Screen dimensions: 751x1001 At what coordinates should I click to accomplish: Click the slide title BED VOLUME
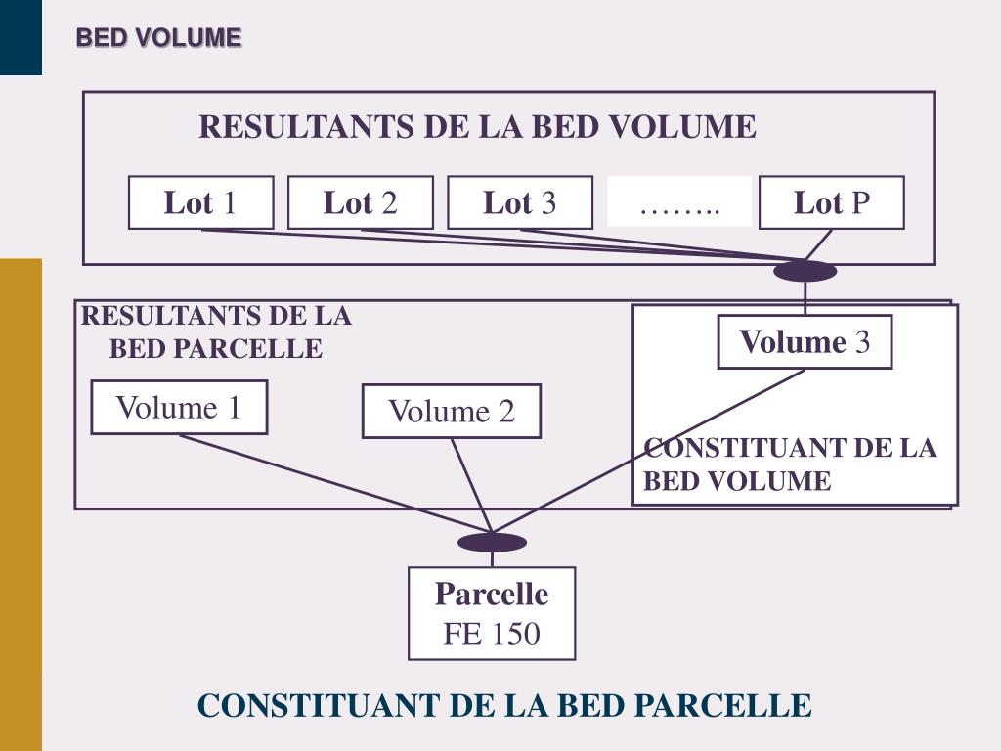(x=158, y=38)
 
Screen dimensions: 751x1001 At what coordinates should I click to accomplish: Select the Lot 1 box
(x=200, y=203)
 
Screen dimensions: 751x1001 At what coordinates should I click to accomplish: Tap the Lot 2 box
(x=361, y=203)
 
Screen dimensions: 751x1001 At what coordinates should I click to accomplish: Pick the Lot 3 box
(x=520, y=203)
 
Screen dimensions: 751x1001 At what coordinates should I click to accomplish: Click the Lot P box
(x=831, y=203)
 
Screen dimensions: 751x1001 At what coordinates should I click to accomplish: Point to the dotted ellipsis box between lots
(x=679, y=202)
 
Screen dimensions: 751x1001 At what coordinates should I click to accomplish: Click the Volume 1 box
(x=179, y=407)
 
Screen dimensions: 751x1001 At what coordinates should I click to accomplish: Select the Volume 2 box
(x=451, y=411)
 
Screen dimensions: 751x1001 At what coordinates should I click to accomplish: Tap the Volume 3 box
(x=805, y=342)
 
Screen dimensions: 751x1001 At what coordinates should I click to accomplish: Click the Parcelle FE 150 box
(x=492, y=613)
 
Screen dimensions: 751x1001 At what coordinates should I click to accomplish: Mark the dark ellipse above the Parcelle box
(x=492, y=542)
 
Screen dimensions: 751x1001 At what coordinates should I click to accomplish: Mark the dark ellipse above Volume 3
(x=805, y=271)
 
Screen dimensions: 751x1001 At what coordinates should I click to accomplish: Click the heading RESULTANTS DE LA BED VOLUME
(x=477, y=127)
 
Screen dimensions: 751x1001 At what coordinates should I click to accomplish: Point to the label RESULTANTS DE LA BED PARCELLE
(x=216, y=332)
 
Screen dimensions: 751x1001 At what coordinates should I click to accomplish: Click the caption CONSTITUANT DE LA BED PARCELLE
(x=504, y=705)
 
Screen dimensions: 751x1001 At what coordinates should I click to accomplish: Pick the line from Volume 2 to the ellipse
(x=470, y=484)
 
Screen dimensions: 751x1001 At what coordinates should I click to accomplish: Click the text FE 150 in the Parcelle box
(x=492, y=634)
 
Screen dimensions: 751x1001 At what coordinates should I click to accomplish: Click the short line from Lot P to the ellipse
(x=819, y=244)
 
